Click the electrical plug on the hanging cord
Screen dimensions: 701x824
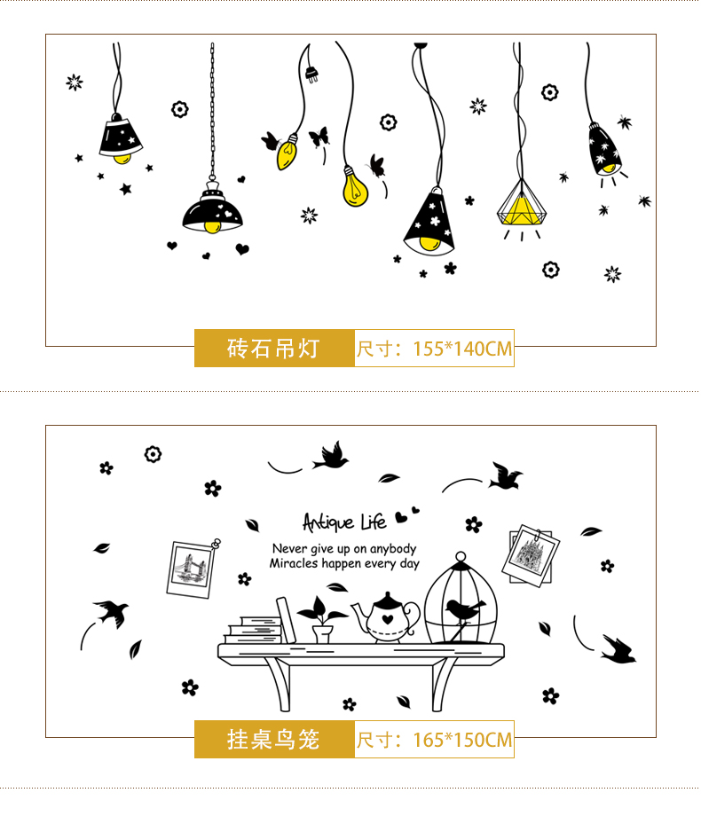(x=311, y=74)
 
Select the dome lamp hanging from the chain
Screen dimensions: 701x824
(x=212, y=208)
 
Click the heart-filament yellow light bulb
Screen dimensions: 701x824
(x=355, y=187)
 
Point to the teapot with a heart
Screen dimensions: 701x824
(x=387, y=617)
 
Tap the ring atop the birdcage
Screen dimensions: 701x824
(x=461, y=556)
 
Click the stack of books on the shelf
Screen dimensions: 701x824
(x=254, y=630)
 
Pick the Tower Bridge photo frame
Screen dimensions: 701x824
(x=191, y=569)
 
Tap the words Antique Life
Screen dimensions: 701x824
(x=344, y=522)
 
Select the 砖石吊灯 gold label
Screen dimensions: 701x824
(x=274, y=348)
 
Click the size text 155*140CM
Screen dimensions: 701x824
(x=462, y=349)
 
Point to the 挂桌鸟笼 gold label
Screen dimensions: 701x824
(x=274, y=739)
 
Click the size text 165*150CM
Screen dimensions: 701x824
(x=462, y=740)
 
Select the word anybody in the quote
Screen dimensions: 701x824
(x=393, y=549)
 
